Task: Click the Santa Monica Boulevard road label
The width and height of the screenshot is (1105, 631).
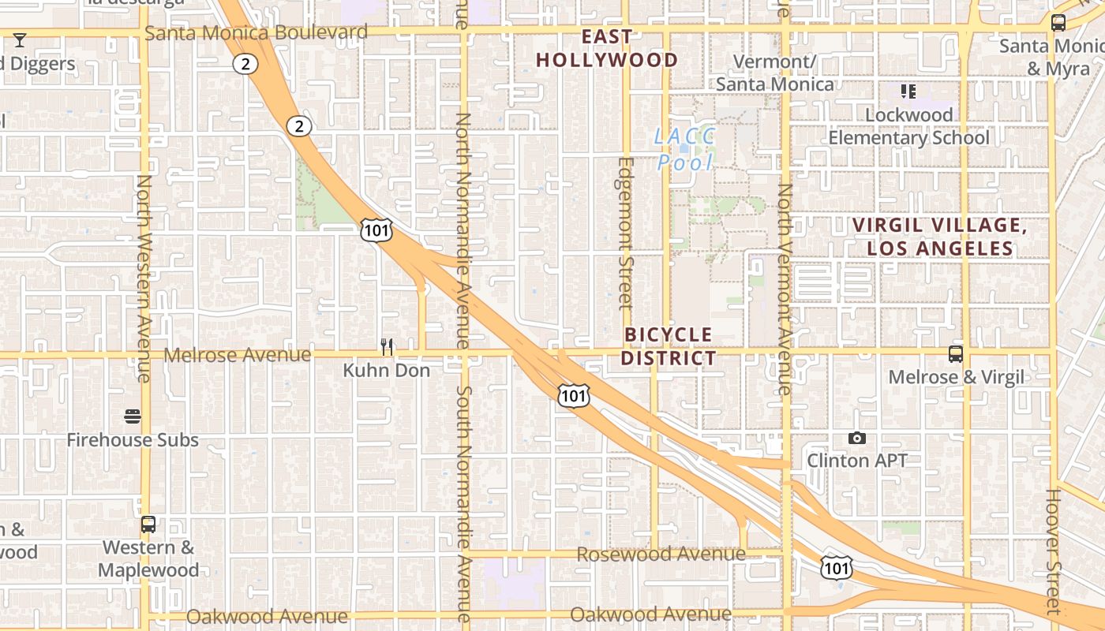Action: [x=257, y=32]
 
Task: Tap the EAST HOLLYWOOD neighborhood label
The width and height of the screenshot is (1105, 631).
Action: [x=607, y=48]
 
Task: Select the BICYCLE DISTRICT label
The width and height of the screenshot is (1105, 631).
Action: [x=669, y=346]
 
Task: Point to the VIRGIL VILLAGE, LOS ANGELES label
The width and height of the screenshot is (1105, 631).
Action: [x=939, y=237]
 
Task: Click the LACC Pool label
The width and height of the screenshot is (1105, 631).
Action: [x=684, y=149]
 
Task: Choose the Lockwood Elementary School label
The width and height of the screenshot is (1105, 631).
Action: [x=908, y=126]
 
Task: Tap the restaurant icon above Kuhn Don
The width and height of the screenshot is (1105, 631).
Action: [x=387, y=346]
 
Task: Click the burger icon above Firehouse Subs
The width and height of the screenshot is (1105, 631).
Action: [x=133, y=416]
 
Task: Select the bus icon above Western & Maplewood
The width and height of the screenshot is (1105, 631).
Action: [x=148, y=525]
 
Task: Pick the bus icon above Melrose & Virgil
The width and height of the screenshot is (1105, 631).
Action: [x=956, y=354]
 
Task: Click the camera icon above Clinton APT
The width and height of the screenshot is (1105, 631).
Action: [x=857, y=438]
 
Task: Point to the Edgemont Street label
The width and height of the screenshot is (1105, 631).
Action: [x=626, y=233]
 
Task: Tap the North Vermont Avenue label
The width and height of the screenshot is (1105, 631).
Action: [x=785, y=289]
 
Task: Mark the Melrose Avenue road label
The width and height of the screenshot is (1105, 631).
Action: [x=238, y=355]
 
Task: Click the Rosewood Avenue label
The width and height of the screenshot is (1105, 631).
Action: [x=661, y=554]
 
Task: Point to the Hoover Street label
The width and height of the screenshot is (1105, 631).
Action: [x=1054, y=552]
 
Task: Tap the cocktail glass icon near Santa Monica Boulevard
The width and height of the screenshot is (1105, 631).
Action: [x=20, y=39]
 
